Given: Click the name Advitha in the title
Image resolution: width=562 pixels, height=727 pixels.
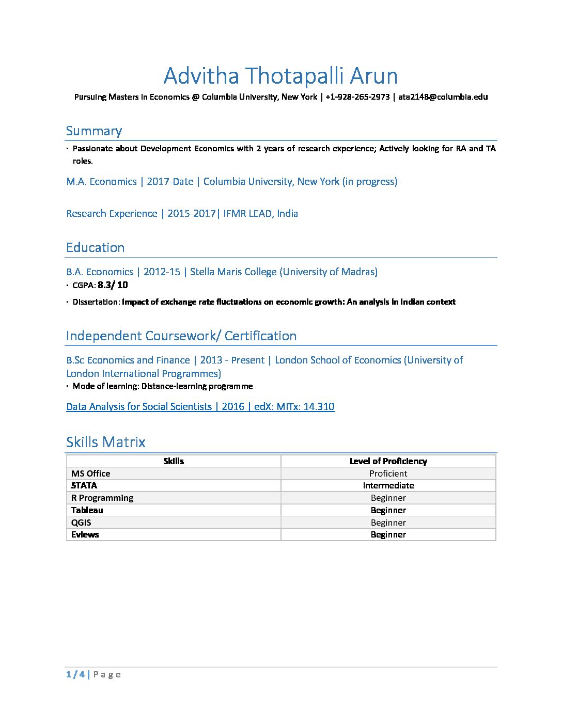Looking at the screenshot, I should coord(201,76).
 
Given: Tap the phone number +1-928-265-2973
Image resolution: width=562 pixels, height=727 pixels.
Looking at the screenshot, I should coord(357,97).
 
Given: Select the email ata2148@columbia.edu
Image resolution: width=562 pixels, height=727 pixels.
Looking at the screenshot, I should coord(443,97).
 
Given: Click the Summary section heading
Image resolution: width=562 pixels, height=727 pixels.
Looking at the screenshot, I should coord(93,131).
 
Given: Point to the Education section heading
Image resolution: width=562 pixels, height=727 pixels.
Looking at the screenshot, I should coord(95,248).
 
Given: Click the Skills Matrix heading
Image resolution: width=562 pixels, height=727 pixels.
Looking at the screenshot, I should coord(105,442).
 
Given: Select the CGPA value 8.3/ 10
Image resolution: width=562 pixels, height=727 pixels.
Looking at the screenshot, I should coord(113,285).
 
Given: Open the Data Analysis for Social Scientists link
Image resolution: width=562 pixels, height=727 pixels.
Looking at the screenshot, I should coord(200,407).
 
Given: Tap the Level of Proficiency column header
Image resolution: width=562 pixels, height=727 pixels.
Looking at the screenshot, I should coord(388,461).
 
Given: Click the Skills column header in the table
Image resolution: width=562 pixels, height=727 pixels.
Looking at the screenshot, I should coord(174,461).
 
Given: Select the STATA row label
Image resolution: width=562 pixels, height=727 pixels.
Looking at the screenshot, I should coord(84,485).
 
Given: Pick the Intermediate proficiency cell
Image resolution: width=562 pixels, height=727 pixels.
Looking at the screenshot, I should coord(388,485).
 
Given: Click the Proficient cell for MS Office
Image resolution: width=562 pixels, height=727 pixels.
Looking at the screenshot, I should coord(388,473).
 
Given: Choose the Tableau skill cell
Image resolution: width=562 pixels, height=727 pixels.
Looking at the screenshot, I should coord(87,510).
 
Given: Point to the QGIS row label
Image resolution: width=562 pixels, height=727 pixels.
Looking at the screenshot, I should coord(81,523).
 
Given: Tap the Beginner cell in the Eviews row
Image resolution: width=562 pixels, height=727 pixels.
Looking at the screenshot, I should coord(388,534).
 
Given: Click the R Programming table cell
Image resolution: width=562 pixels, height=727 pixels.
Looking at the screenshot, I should coord(102,498).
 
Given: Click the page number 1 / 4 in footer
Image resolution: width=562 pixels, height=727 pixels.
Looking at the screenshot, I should coord(75,674).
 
